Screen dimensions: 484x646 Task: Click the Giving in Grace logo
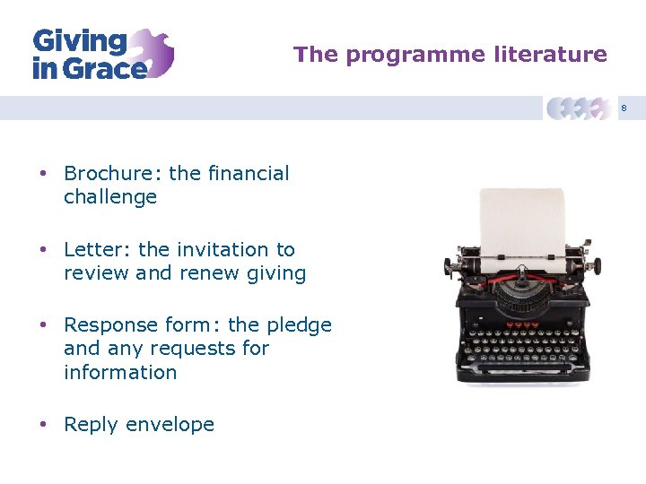click(102, 54)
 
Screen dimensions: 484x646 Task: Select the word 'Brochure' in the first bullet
click(106, 173)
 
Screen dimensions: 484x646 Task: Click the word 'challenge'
click(110, 196)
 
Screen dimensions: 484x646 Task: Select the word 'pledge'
click(301, 325)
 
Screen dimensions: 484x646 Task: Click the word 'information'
click(120, 371)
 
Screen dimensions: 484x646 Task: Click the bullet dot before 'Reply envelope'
click(42, 425)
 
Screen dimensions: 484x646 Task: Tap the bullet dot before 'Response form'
click(42, 325)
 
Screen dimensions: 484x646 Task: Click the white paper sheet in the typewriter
click(521, 224)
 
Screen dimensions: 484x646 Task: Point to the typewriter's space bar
click(519, 368)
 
